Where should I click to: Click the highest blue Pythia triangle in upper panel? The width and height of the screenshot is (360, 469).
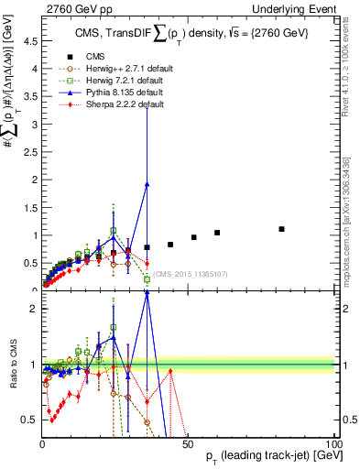click(x=147, y=184)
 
